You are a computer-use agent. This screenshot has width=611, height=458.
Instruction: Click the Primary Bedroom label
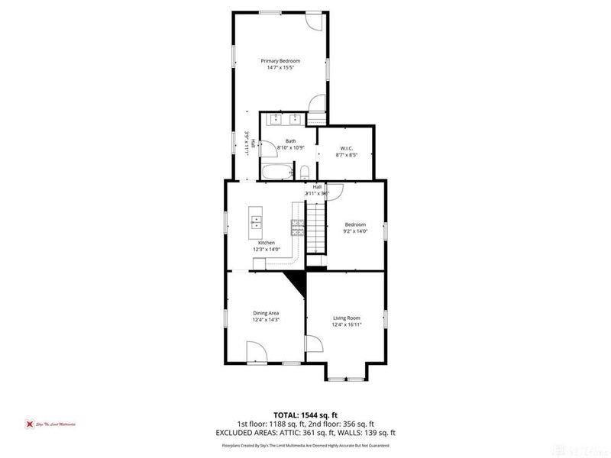click(280, 60)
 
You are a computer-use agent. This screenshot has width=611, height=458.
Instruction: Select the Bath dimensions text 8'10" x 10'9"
click(290, 148)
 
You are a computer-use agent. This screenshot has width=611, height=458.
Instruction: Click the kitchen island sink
click(257, 223)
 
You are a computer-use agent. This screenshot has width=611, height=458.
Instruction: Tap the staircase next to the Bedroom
click(316, 230)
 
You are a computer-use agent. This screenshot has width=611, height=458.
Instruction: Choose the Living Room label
click(346, 318)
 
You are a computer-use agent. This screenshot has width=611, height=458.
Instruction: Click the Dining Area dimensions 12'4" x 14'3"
click(267, 320)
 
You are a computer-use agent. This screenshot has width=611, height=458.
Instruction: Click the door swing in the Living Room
click(314, 345)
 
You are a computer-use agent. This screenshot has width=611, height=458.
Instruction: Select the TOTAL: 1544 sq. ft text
click(305, 414)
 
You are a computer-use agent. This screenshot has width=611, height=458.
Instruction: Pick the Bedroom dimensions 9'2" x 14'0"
click(355, 231)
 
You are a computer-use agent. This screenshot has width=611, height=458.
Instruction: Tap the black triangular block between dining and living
click(298, 284)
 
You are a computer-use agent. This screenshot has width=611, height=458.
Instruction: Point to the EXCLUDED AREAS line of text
click(305, 433)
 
